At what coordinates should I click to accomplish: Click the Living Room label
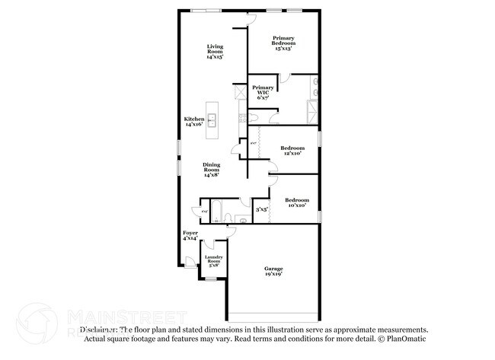point(216,52)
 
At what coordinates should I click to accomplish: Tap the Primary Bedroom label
point(284,41)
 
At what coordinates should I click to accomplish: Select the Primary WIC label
point(263,91)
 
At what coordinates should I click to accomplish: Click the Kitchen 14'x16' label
point(194,122)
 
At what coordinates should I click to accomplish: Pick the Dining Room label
point(212,170)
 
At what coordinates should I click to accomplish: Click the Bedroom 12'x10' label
point(292,150)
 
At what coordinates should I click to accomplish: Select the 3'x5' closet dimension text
point(261,209)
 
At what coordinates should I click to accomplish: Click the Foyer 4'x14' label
point(190,235)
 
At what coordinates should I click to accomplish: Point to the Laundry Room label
point(212,261)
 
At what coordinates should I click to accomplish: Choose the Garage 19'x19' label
point(274,271)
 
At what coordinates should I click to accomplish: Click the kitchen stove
point(241,118)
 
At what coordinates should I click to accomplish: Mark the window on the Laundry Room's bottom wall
point(212,279)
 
